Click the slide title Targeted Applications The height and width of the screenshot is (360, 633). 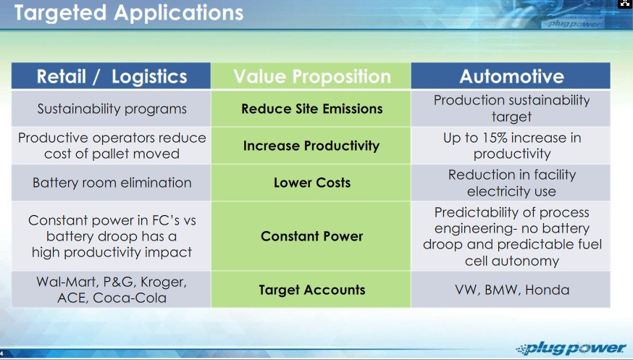pyautogui.click(x=129, y=12)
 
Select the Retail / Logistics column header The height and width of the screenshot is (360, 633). pyautogui.click(x=111, y=76)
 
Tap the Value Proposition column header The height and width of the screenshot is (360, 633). pyautogui.click(x=311, y=76)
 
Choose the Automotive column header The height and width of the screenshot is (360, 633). pyautogui.click(x=511, y=76)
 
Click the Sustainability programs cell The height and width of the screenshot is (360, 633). pyautogui.click(x=112, y=109)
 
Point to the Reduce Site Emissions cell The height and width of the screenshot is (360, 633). pyautogui.click(x=311, y=109)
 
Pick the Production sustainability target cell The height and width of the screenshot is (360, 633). pyautogui.click(x=511, y=109)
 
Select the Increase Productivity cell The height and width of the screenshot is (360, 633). pyautogui.click(x=311, y=146)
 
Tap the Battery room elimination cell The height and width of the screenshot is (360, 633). pyautogui.click(x=112, y=183)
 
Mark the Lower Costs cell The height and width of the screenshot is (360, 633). pyautogui.click(x=311, y=183)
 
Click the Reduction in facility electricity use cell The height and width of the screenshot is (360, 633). pyautogui.click(x=511, y=183)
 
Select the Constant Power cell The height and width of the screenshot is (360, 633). pyautogui.click(x=311, y=236)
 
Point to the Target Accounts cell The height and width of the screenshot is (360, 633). pyautogui.click(x=311, y=289)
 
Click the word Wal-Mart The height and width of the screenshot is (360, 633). pyautogui.click(x=65, y=282)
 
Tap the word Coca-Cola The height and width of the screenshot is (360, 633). pyautogui.click(x=130, y=298)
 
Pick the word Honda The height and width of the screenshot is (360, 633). pyautogui.click(x=547, y=290)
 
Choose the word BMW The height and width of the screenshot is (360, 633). pyautogui.click(x=500, y=290)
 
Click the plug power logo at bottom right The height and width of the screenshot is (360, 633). pyautogui.click(x=571, y=348)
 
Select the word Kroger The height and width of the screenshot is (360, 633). pyautogui.click(x=163, y=282)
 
